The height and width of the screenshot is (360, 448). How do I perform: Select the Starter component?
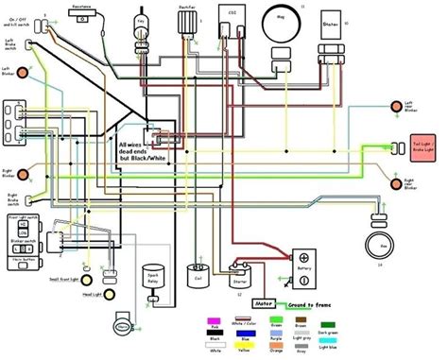[x=239, y=280]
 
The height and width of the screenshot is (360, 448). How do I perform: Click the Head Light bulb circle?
[x=86, y=296]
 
